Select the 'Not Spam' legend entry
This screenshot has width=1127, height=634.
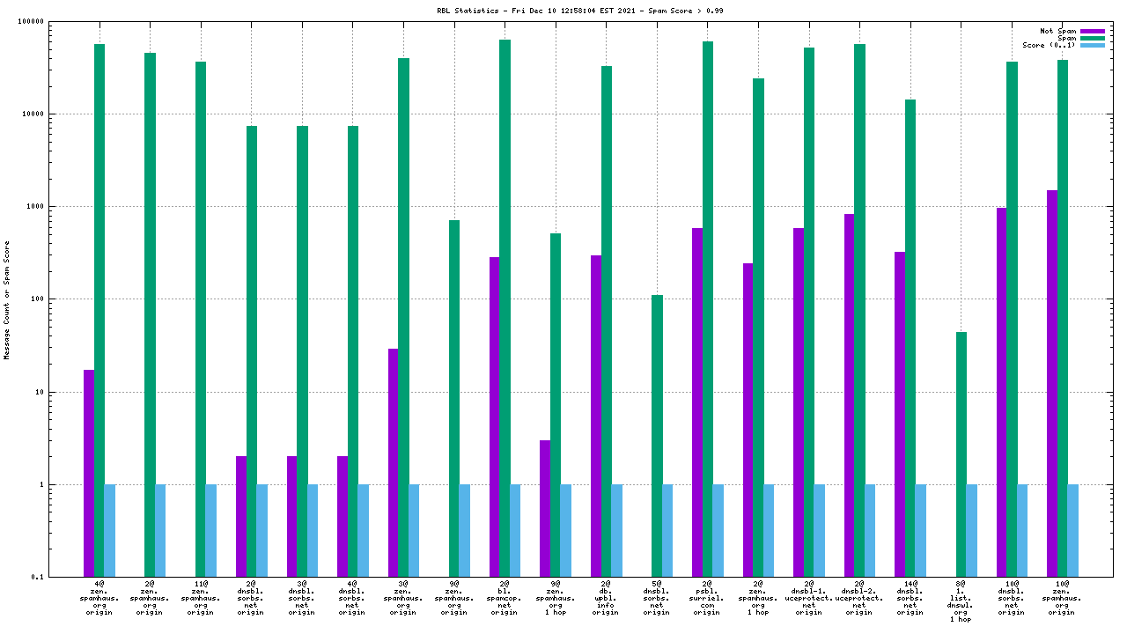pyautogui.click(x=1057, y=31)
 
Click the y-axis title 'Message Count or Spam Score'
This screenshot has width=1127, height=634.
pyautogui.click(x=7, y=299)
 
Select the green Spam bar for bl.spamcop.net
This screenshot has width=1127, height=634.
pyautogui.click(x=505, y=308)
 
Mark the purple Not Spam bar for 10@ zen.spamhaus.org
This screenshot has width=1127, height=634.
pyautogui.click(x=1052, y=383)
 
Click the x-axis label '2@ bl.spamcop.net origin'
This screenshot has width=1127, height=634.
pyautogui.click(x=505, y=597)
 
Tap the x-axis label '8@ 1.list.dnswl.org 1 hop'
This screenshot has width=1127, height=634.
pyautogui.click(x=961, y=601)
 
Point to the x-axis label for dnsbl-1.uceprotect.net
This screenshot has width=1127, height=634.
pyautogui.click(x=808, y=597)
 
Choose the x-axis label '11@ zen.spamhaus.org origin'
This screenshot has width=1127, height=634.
pyautogui.click(x=201, y=597)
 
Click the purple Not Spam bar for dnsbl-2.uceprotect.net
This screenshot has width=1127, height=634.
pyautogui.click(x=849, y=395)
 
